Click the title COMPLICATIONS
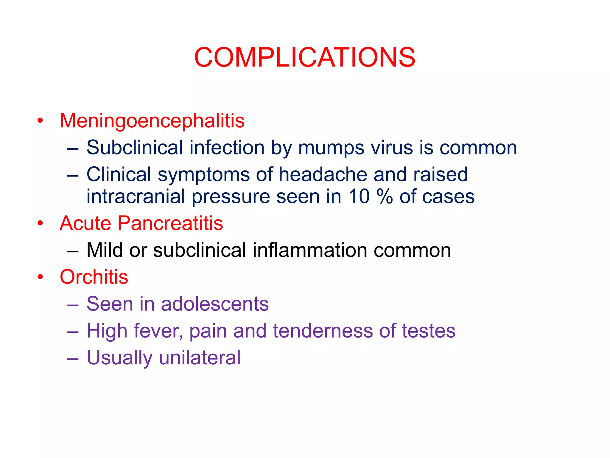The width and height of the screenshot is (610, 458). click(x=304, y=57)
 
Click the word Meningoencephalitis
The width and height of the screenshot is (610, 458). click(x=152, y=121)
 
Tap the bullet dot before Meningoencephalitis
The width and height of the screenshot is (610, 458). click(x=40, y=121)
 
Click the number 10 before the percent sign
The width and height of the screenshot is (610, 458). click(x=359, y=197)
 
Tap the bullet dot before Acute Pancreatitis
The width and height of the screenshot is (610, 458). click(x=40, y=223)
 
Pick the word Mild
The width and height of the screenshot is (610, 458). click(x=104, y=250)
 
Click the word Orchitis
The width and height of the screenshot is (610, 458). click(x=94, y=277)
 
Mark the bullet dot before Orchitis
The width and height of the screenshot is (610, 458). click(x=40, y=277)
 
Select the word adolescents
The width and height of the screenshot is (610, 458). click(x=215, y=304)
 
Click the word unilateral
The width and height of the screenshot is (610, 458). click(x=200, y=358)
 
